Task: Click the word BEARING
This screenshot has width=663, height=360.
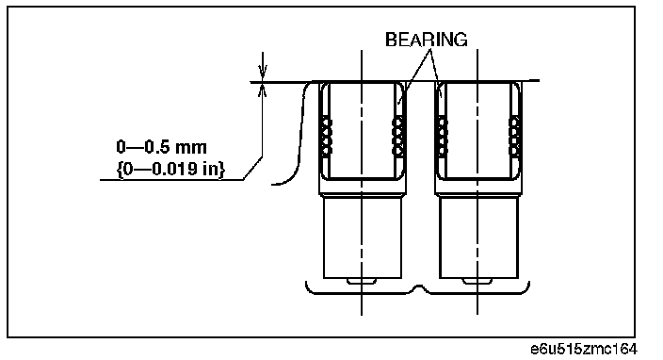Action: [427, 40]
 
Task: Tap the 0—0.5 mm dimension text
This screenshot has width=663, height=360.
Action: [162, 147]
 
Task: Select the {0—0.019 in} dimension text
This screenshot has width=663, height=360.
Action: [170, 170]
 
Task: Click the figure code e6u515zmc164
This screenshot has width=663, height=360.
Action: [584, 350]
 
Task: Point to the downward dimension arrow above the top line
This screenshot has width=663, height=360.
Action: [263, 66]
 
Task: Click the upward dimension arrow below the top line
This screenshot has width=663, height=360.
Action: [263, 90]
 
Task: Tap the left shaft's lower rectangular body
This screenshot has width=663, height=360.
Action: [363, 237]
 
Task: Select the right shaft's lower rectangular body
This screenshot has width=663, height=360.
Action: [478, 237]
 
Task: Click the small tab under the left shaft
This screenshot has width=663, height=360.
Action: [362, 282]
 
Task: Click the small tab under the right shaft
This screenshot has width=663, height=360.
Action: [477, 282]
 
